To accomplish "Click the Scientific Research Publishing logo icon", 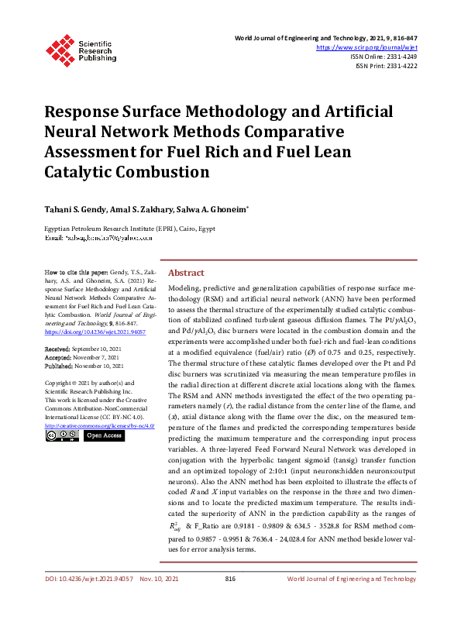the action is [x=60, y=49].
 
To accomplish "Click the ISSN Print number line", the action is [x=386, y=66].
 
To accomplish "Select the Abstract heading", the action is [x=186, y=273].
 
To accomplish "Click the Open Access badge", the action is [x=104, y=435].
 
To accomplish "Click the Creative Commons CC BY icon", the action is [x=61, y=435].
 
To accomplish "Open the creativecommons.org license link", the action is [x=99, y=425].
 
